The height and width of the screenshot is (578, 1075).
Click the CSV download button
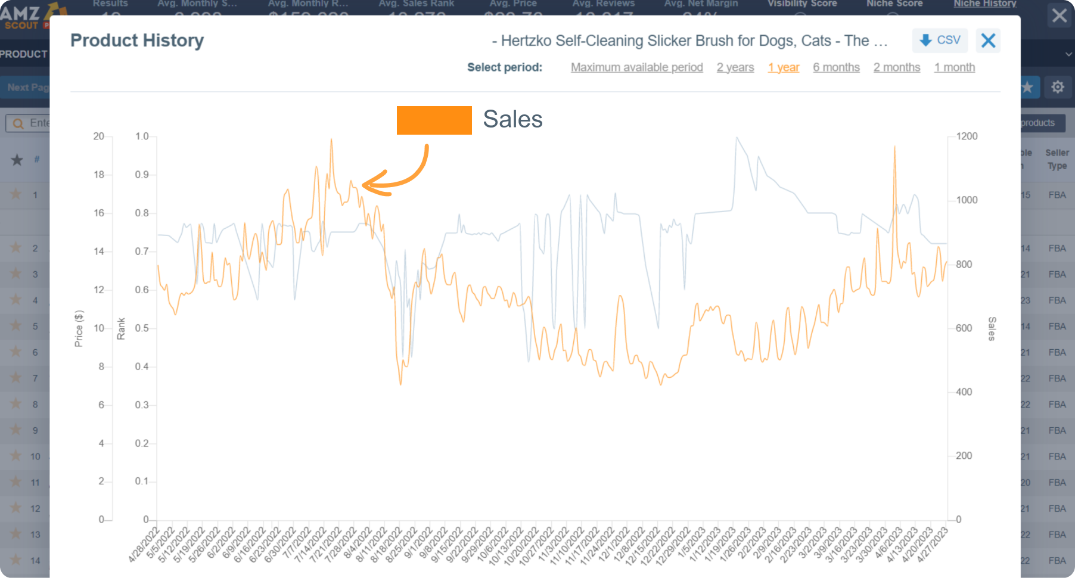[x=940, y=41]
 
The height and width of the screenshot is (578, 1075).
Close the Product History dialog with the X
[x=988, y=41]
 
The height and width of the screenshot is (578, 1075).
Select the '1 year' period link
[x=783, y=67]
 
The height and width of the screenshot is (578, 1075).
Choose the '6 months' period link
[x=836, y=67]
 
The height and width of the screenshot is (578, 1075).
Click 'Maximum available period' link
[x=636, y=67]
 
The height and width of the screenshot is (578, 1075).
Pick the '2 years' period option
[x=735, y=67]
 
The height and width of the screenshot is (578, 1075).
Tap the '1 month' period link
[x=954, y=67]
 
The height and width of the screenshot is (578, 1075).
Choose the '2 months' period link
[x=896, y=67]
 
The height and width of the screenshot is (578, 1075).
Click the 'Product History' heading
[x=137, y=41]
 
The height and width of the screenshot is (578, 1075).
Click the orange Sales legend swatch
[x=434, y=120]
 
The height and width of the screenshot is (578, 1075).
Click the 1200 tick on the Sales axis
[x=967, y=136]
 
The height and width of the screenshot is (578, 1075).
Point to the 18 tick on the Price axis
[x=99, y=175]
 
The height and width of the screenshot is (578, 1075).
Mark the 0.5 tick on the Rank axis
[x=142, y=328]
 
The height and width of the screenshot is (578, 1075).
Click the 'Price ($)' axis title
[x=79, y=328]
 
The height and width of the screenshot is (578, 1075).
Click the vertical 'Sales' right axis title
[x=992, y=328]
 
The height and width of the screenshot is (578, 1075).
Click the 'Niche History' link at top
[x=984, y=4]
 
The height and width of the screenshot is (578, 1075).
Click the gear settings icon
[x=1057, y=87]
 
